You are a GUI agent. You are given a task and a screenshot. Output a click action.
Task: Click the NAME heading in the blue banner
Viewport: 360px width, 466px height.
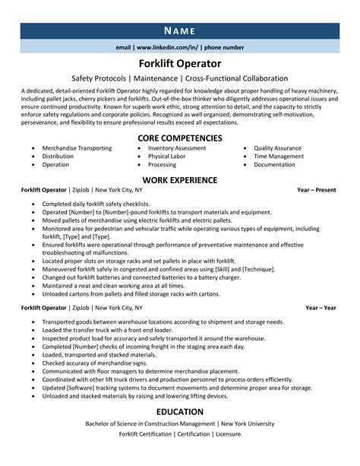pos(179,30)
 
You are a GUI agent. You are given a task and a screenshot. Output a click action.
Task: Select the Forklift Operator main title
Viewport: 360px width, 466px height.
pos(179,64)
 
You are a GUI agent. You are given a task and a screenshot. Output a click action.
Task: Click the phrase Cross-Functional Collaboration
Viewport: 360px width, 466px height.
pos(250,78)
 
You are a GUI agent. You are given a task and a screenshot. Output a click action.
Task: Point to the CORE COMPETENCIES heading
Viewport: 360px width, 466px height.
pos(179,138)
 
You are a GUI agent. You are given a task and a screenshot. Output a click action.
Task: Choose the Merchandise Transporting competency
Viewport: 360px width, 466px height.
pos(77,148)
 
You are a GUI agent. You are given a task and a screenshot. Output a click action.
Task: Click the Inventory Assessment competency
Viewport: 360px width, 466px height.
pos(177,148)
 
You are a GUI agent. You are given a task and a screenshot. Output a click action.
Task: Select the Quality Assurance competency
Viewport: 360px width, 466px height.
pos(279,148)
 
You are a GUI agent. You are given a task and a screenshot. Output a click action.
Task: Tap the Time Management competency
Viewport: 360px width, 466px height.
pos(279,156)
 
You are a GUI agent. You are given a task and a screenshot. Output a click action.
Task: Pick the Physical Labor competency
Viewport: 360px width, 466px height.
pos(168,156)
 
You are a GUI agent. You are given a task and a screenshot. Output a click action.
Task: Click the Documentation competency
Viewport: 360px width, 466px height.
pos(275,164)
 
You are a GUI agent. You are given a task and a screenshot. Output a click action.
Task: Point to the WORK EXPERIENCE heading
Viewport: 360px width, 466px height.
pos(179,180)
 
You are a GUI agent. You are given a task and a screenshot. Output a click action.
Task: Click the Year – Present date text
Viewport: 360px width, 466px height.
pos(316,192)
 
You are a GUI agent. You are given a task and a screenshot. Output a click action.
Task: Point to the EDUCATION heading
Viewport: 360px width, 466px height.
pos(179,411)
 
